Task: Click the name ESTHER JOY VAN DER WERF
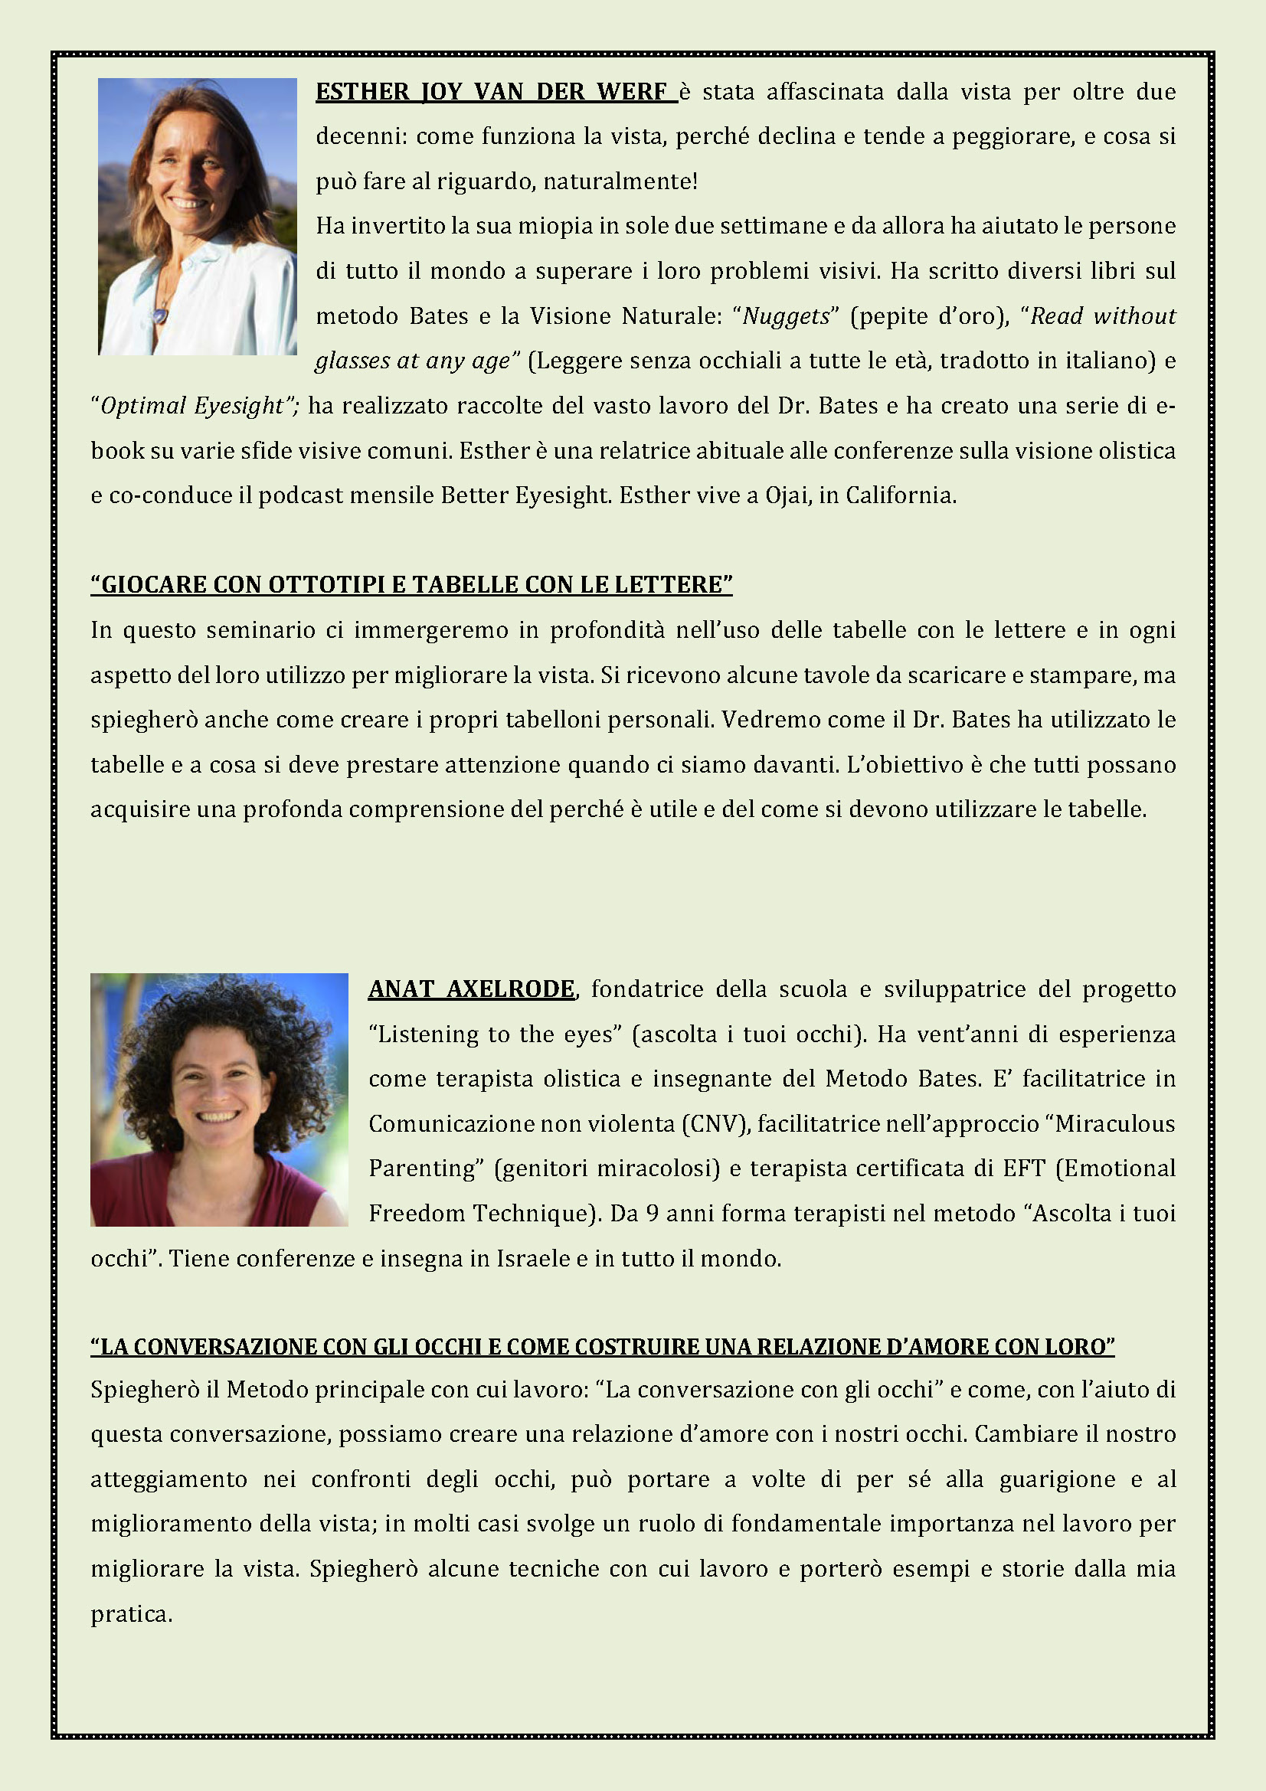(496, 92)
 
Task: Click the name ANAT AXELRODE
(471, 989)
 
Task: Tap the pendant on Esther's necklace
(162, 315)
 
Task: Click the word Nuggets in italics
(786, 316)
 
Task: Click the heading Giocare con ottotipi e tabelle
(411, 585)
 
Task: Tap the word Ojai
(788, 495)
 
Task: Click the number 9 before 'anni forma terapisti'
(652, 1214)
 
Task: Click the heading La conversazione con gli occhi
(602, 1347)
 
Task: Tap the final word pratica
(130, 1615)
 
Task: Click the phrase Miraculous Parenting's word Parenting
(420, 1168)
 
